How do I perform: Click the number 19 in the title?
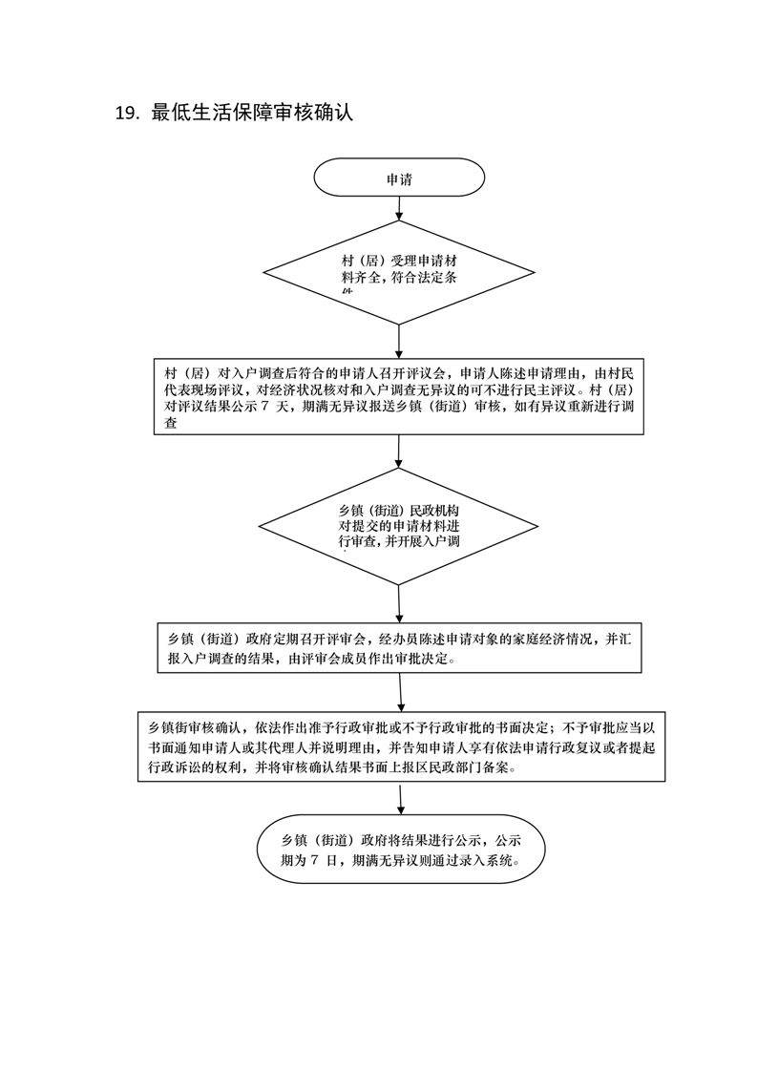(127, 113)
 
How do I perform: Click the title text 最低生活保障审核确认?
(252, 113)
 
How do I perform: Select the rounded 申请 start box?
(399, 178)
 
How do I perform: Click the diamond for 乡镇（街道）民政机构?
(397, 526)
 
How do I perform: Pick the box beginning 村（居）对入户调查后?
(397, 398)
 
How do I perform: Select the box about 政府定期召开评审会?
(398, 649)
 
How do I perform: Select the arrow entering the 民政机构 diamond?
(397, 451)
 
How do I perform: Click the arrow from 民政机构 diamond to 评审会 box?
(398, 603)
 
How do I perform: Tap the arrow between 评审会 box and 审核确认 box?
(399, 692)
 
